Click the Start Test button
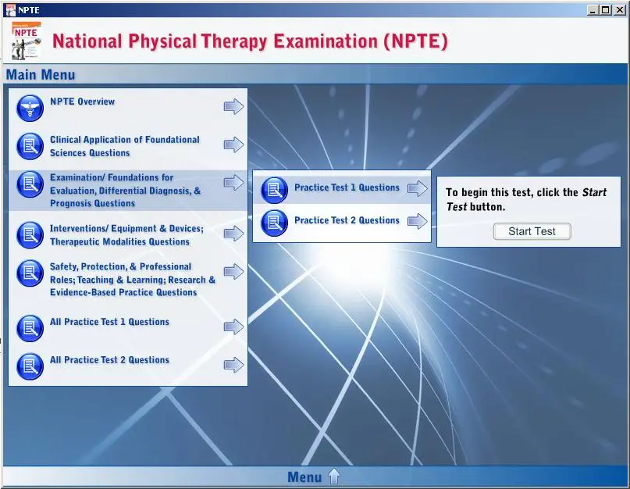[x=532, y=231]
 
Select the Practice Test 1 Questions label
[x=347, y=187]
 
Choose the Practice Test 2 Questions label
[x=347, y=220]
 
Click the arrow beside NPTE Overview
[x=234, y=106]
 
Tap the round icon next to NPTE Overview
[x=30, y=108]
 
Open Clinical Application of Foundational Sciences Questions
[x=125, y=146]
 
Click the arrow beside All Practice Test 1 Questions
[x=234, y=327]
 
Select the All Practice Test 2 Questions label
[x=109, y=360]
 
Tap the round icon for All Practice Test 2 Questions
[x=30, y=366]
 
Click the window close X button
[x=620, y=10]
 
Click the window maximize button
[x=606, y=10]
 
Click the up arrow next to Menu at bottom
[x=334, y=477]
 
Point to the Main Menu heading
[x=41, y=75]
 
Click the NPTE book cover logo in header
[x=26, y=40]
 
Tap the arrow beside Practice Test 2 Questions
[x=418, y=221]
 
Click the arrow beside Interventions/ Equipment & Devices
[x=234, y=234]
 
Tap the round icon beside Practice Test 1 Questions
[x=275, y=190]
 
